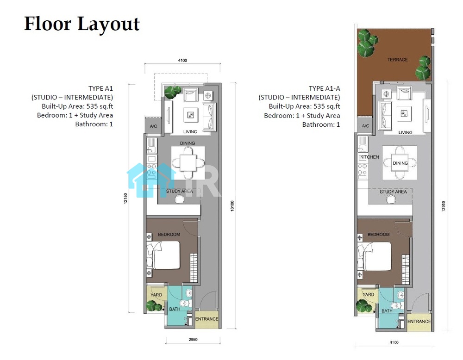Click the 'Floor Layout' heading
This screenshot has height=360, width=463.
[82, 24]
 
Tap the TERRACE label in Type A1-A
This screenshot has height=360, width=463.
[397, 60]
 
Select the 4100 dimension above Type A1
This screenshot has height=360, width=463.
[182, 60]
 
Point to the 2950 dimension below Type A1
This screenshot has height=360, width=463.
[193, 339]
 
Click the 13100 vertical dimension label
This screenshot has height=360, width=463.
[232, 205]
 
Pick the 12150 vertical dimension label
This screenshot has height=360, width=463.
[125, 199]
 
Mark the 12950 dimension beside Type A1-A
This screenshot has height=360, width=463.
[443, 206]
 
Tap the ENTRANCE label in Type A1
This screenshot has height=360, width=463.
[206, 319]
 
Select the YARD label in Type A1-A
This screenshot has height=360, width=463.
[368, 294]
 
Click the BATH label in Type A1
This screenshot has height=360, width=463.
[175, 309]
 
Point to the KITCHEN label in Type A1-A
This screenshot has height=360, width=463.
[369, 157]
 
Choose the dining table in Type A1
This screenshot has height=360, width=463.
[188, 163]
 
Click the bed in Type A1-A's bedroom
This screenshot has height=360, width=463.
[375, 256]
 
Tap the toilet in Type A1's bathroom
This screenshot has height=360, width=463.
[185, 303]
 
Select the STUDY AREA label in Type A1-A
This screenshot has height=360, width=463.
[393, 192]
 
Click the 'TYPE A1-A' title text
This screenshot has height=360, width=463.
[324, 88]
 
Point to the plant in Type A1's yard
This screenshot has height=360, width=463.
[154, 306]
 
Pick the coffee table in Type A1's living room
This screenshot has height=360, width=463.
[190, 115]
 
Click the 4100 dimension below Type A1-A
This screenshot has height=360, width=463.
[394, 342]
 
